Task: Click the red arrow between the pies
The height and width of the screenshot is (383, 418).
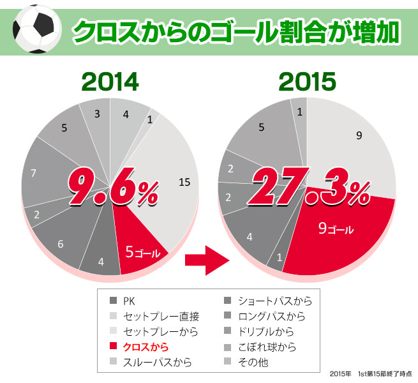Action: pyautogui.click(x=206, y=259)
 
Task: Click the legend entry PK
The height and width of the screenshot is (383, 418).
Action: pyautogui.click(x=128, y=301)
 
